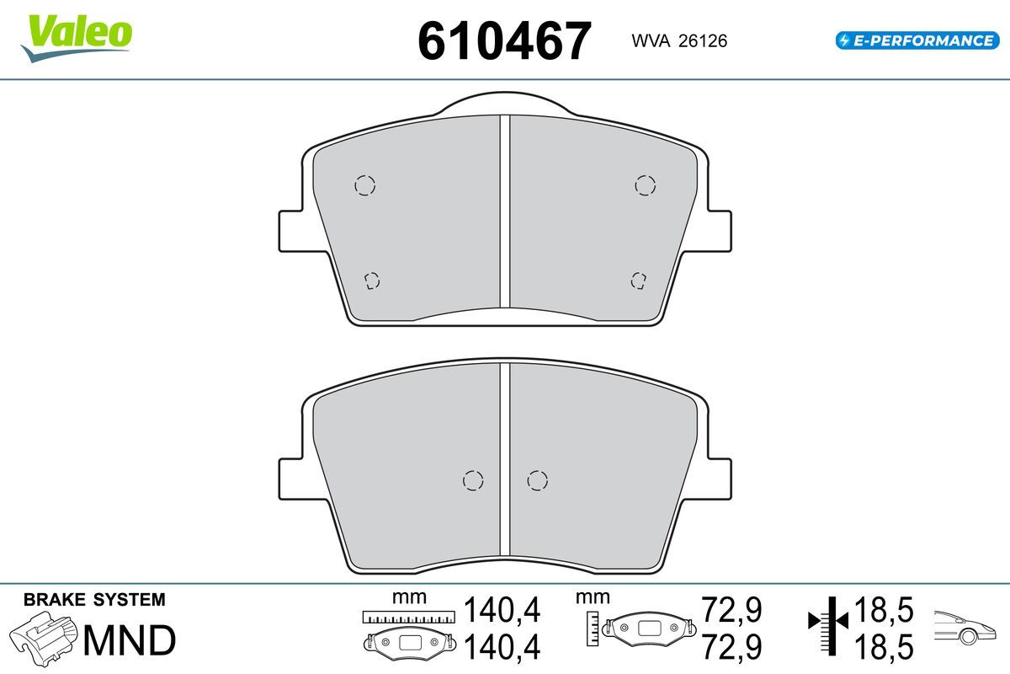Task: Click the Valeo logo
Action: point(77,38)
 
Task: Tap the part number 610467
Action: point(504,41)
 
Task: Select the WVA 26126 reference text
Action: point(679,41)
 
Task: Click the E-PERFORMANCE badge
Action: point(917,40)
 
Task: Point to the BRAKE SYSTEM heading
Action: point(94,600)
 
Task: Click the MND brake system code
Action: point(130,640)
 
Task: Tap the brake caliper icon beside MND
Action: point(43,639)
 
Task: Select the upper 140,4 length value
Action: point(502,610)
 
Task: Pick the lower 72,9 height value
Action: point(731,647)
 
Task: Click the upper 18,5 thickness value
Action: point(884,610)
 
